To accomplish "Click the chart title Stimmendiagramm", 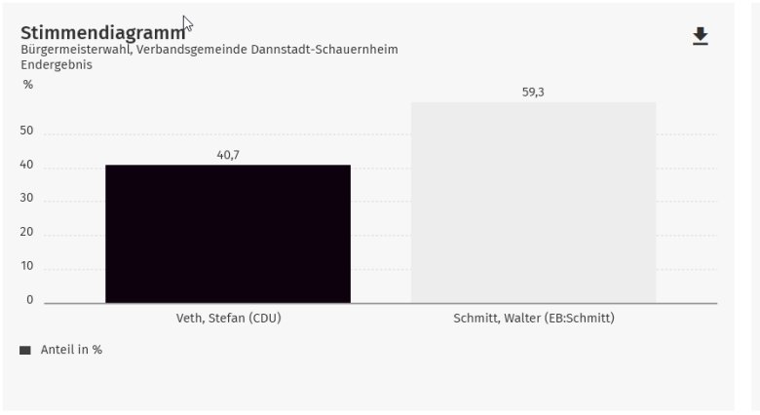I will pyautogui.click(x=102, y=32).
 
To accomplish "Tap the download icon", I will pyautogui.click(x=700, y=37).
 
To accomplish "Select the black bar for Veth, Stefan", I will pyautogui.click(x=227, y=234).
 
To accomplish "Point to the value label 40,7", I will pyautogui.click(x=229, y=154).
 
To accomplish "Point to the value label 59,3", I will pyautogui.click(x=533, y=92).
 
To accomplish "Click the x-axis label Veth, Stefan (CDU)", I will pyautogui.click(x=228, y=318).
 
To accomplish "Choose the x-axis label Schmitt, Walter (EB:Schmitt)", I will pyautogui.click(x=534, y=318).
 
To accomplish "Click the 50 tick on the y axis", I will pyautogui.click(x=26, y=131).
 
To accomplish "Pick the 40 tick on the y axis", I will pyautogui.click(x=26, y=165).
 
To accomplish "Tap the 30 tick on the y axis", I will pyautogui.click(x=26, y=198).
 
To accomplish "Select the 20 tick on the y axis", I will pyautogui.click(x=26, y=232).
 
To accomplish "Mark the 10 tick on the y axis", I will pyautogui.click(x=26, y=266).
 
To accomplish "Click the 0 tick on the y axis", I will pyautogui.click(x=29, y=299).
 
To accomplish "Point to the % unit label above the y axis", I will pyautogui.click(x=28, y=85).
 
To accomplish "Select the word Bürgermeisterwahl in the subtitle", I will pyautogui.click(x=70, y=50).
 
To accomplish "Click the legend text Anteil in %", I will pyautogui.click(x=71, y=350).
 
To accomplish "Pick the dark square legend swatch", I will pyautogui.click(x=25, y=350).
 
